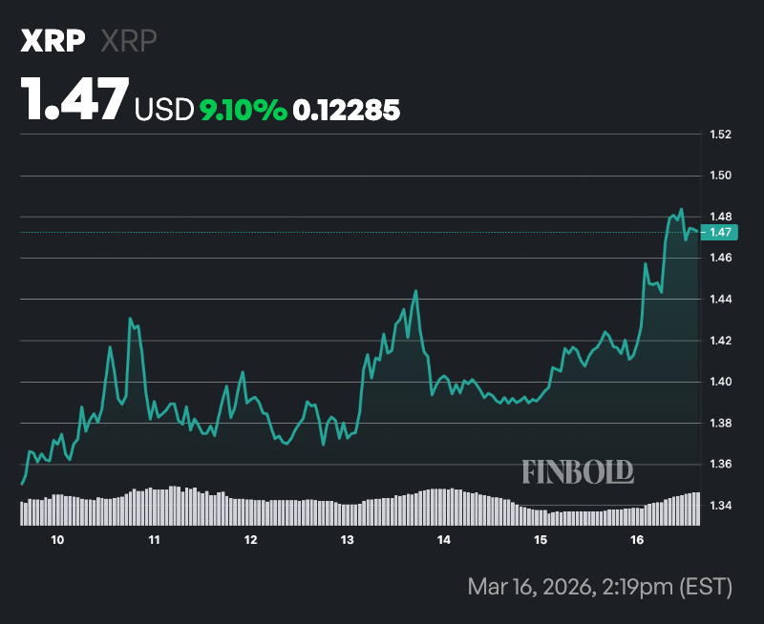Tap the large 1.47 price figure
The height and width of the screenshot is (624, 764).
[x=75, y=98]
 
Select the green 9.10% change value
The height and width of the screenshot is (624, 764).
[x=243, y=111]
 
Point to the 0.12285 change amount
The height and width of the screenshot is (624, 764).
[x=347, y=111]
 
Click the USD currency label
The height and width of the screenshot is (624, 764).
[x=164, y=111]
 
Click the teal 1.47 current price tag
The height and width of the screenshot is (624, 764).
[x=721, y=232]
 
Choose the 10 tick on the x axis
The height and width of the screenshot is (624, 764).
[x=57, y=541]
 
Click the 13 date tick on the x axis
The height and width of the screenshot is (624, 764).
[x=347, y=541]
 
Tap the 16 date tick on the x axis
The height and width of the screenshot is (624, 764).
[x=637, y=541]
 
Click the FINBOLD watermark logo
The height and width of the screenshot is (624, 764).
[x=578, y=470]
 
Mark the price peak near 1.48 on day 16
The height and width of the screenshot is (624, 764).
[x=681, y=209]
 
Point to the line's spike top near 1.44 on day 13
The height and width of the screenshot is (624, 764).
[x=416, y=291]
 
